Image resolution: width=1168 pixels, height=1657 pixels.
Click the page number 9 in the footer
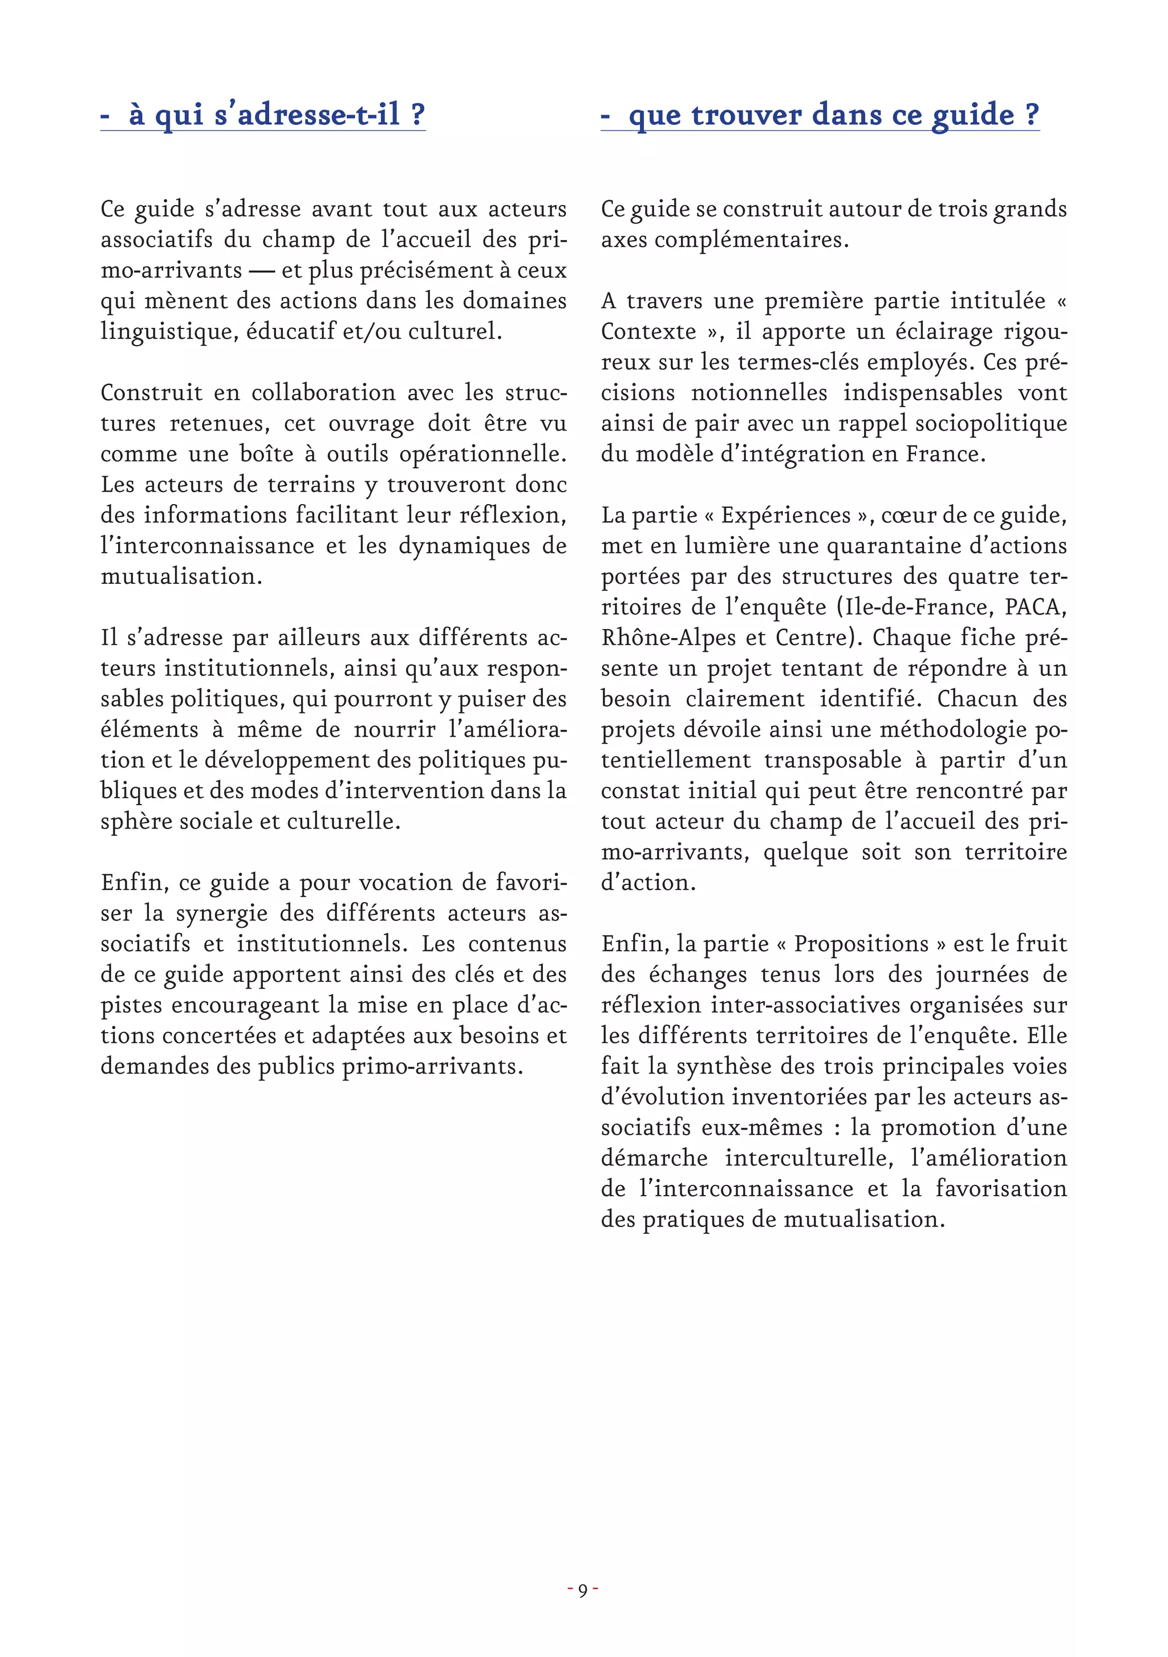click(583, 1589)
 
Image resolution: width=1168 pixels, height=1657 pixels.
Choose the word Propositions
click(861, 944)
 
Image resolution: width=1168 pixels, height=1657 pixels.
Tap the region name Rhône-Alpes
click(668, 638)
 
